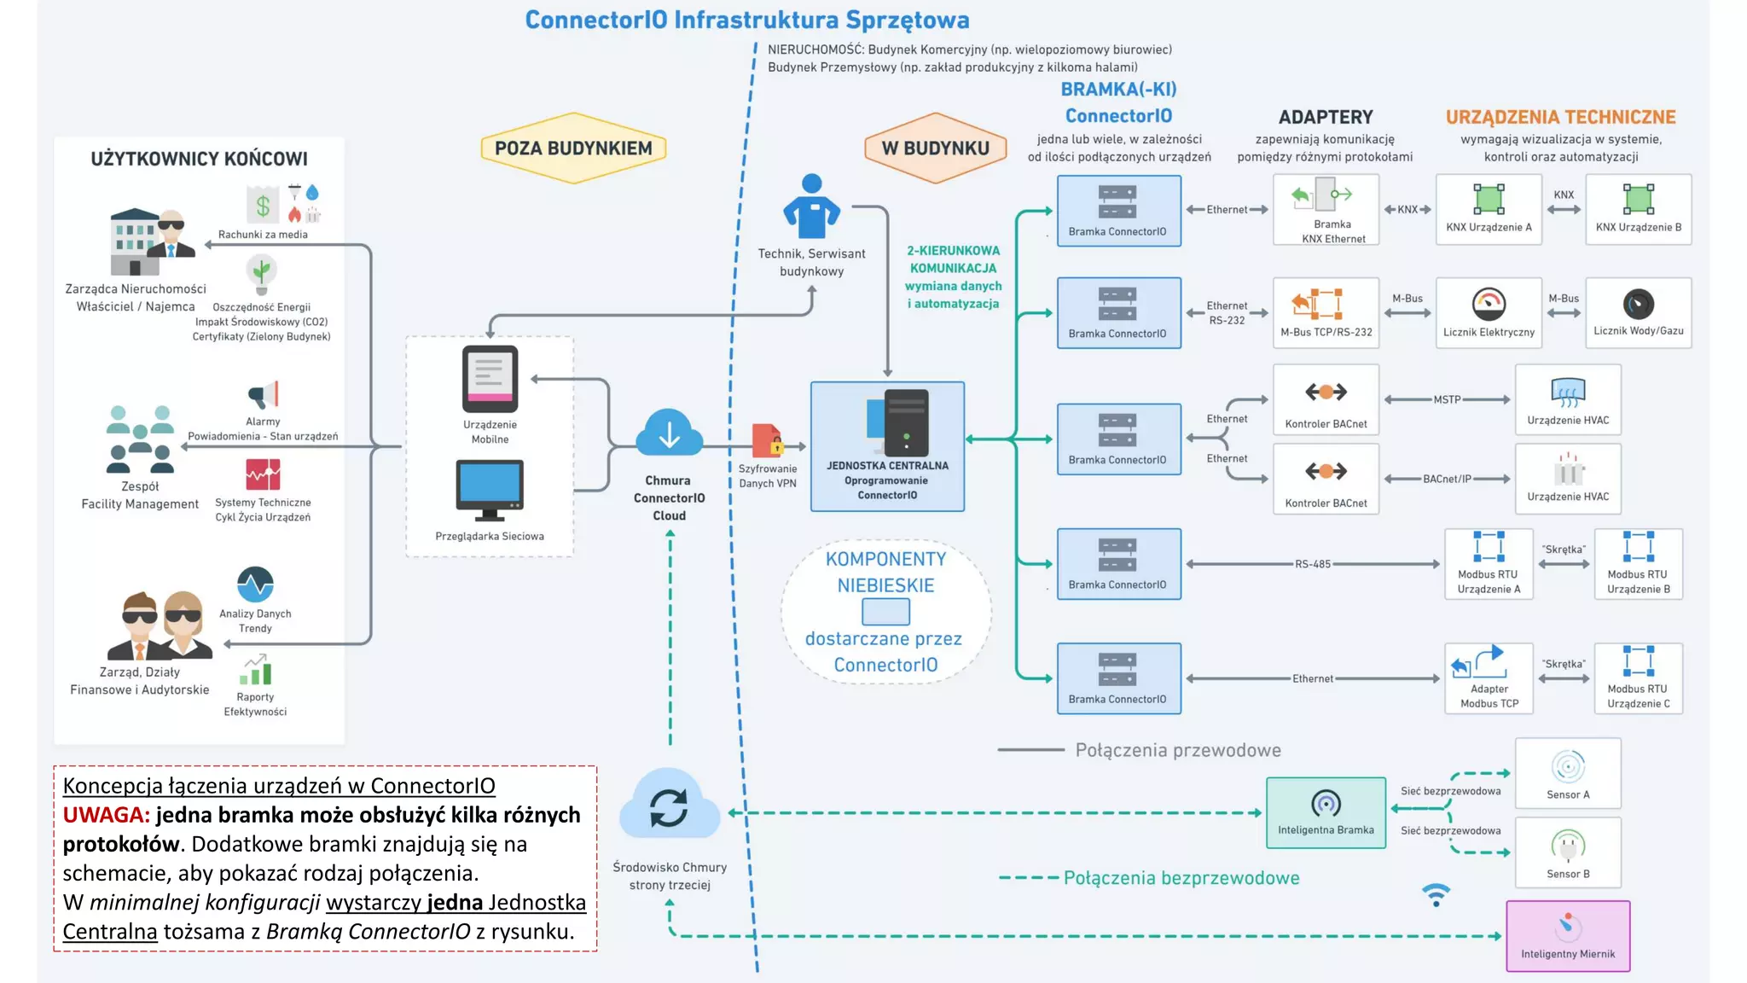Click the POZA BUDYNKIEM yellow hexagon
pyautogui.click(x=573, y=148)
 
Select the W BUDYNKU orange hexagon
pyautogui.click(x=935, y=148)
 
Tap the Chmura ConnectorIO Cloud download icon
pyautogui.click(x=670, y=433)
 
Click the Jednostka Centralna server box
pyautogui.click(x=887, y=446)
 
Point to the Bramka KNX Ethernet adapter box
pyautogui.click(x=1326, y=210)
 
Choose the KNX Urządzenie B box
pyautogui.click(x=1638, y=210)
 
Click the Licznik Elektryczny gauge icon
pyautogui.click(x=1489, y=304)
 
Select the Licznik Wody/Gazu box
pyautogui.click(x=1638, y=312)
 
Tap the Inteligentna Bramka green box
pyautogui.click(x=1326, y=812)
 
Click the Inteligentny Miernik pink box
pyautogui.click(x=1568, y=936)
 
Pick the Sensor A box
pyautogui.click(x=1568, y=773)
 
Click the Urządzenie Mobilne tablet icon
pyautogui.click(x=490, y=379)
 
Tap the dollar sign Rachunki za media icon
pyautogui.click(x=263, y=205)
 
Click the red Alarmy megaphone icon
pyautogui.click(x=264, y=395)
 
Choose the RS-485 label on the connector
pyautogui.click(x=1312, y=564)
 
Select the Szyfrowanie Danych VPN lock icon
pyautogui.click(x=768, y=440)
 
